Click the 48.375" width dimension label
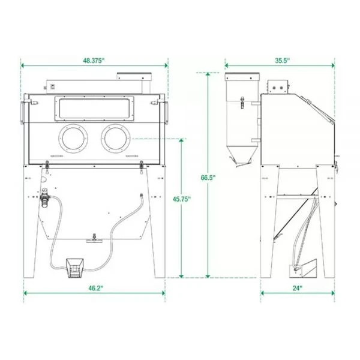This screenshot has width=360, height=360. pyautogui.click(x=94, y=60)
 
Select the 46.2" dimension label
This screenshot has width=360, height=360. pyautogui.click(x=94, y=289)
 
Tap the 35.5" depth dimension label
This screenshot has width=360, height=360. pyautogui.click(x=282, y=60)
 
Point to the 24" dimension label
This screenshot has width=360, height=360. pyautogui.click(x=298, y=289)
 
